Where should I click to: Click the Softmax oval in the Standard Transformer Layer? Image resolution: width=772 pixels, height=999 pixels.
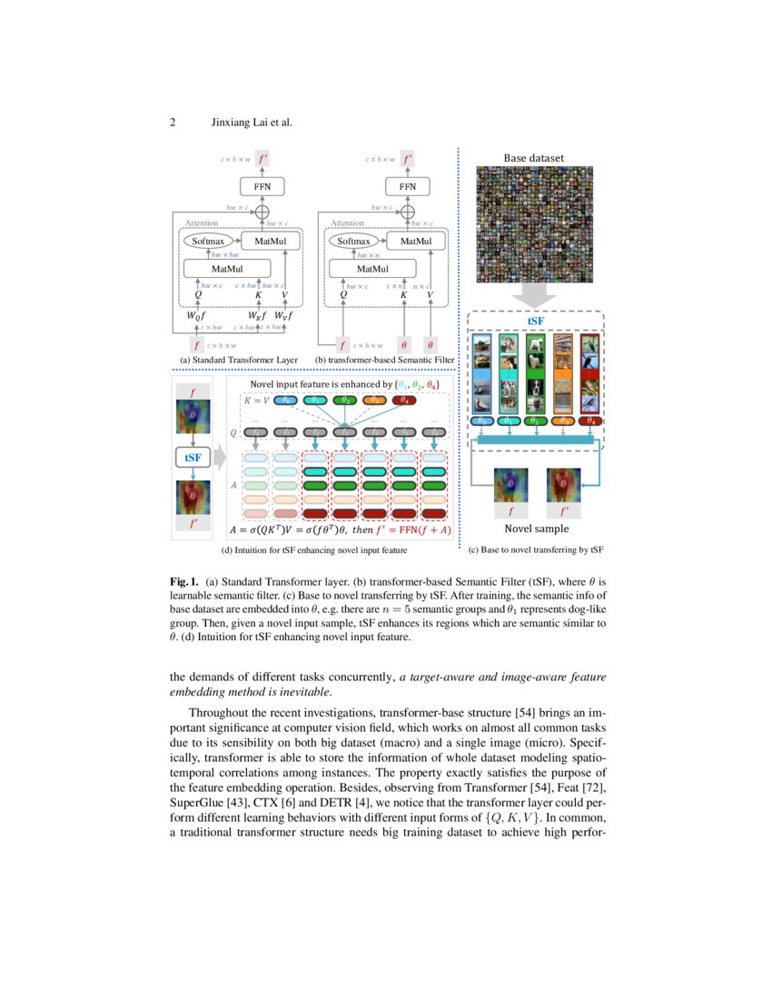coord(204,242)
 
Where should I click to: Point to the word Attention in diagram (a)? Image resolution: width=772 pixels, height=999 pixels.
coord(202,223)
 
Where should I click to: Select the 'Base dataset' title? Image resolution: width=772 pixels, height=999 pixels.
coord(534,158)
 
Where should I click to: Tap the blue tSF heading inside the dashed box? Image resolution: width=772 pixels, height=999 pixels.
coord(538,321)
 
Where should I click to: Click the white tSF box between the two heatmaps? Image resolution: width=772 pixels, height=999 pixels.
coord(193,458)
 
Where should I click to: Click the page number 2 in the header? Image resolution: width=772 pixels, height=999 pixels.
coord(173,123)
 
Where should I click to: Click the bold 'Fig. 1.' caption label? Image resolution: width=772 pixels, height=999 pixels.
coord(184,579)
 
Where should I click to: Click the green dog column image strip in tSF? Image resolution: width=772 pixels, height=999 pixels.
coord(536,373)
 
